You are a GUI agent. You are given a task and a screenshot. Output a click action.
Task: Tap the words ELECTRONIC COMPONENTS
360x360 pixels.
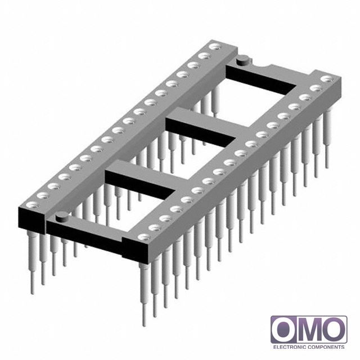tap(309, 347)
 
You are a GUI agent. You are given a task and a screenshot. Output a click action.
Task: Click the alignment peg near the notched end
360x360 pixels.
tap(244, 60)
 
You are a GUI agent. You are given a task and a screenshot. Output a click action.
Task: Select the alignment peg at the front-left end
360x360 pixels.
tap(62, 216)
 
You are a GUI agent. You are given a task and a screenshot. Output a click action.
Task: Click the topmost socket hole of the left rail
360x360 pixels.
tap(215, 47)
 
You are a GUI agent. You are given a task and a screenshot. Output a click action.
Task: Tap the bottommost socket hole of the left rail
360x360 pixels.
tap(33, 204)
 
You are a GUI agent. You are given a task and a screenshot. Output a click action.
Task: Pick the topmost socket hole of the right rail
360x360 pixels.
tap(327, 79)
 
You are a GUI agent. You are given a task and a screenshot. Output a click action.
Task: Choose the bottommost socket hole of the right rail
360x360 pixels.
tap(144, 237)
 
